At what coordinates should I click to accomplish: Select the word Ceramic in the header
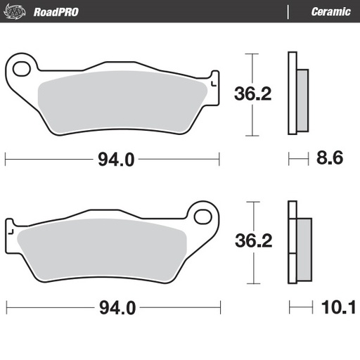[x=330, y=11]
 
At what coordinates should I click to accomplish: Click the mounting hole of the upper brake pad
[x=22, y=68]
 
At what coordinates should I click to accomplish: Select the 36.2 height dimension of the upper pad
[x=250, y=94]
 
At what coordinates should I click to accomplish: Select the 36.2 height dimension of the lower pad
[x=250, y=240]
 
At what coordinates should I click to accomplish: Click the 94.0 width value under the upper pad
[x=115, y=160]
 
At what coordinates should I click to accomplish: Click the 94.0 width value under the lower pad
[x=115, y=308]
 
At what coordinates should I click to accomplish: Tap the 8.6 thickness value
[x=329, y=160]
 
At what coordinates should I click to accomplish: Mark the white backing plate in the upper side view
[x=292, y=94]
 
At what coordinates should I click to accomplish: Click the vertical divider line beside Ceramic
[x=288, y=11]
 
